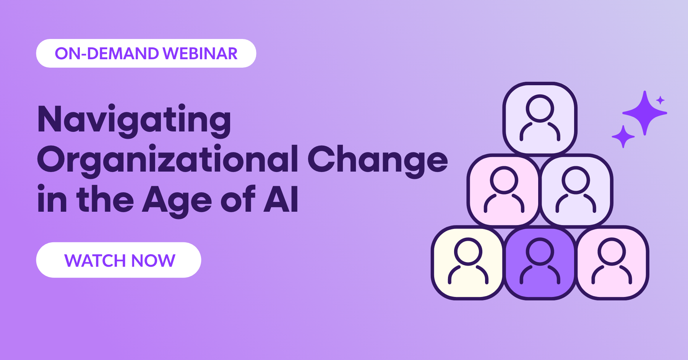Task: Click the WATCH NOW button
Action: pos(118,260)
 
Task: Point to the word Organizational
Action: pos(167,160)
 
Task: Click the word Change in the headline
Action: pos(377,160)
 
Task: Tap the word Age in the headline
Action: pos(177,199)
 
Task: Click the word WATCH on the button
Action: pos(95,261)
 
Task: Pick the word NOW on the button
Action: pos(153,261)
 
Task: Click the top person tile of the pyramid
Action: pos(540,118)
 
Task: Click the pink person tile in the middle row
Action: pos(504,190)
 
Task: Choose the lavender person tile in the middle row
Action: pos(576,190)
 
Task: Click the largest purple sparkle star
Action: pos(645,113)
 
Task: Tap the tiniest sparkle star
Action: pos(660,100)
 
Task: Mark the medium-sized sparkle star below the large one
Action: pos(623,136)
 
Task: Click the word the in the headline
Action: pos(105,199)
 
